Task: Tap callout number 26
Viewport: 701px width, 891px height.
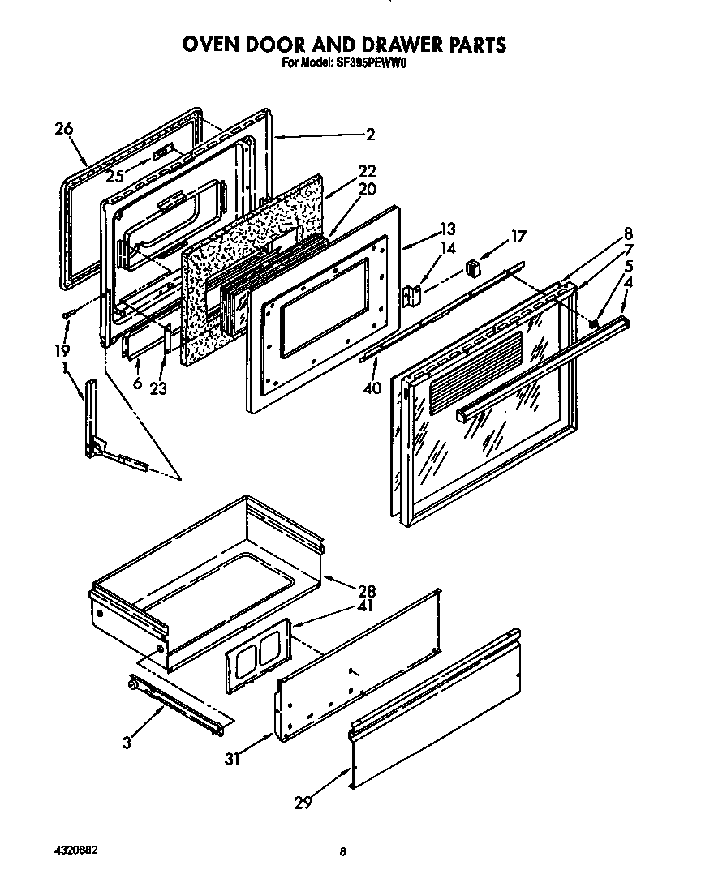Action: click(x=64, y=128)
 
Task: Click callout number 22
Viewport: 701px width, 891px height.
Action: click(x=367, y=171)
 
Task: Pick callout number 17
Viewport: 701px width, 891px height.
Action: click(x=517, y=237)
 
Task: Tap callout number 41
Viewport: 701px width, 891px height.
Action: click(x=366, y=606)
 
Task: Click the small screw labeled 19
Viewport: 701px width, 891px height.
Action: click(x=68, y=314)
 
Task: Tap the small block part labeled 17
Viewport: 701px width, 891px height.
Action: click(x=475, y=267)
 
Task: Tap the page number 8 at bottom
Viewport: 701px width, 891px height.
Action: click(x=343, y=851)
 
